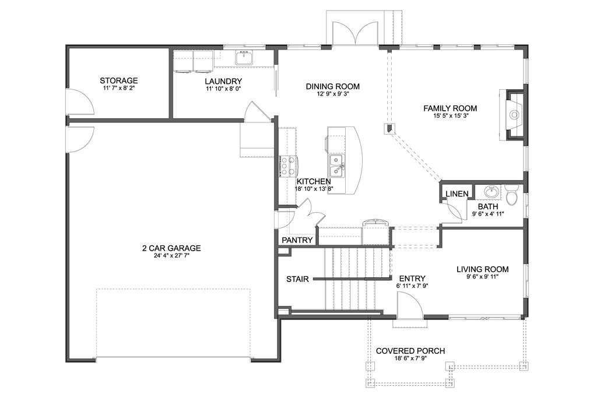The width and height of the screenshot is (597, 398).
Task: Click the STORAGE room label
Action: click(119, 80)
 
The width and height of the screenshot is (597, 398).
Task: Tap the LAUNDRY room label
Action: click(223, 82)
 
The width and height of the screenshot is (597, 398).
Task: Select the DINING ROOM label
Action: click(333, 87)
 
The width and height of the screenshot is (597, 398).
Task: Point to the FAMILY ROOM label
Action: click(450, 108)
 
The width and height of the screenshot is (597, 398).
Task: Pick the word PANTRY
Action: click(297, 240)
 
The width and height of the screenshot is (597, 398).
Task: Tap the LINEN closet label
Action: click(457, 193)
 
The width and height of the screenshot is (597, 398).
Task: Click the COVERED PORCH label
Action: click(410, 351)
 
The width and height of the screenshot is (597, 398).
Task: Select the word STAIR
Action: click(297, 279)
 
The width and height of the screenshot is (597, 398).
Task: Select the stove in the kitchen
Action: click(289, 167)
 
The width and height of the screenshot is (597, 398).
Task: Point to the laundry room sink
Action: click(244, 58)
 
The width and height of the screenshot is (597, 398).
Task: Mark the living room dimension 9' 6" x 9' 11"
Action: click(482, 277)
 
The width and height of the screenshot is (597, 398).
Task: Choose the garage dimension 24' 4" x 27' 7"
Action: click(171, 256)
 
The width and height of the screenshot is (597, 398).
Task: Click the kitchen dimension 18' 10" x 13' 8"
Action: click(314, 188)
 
